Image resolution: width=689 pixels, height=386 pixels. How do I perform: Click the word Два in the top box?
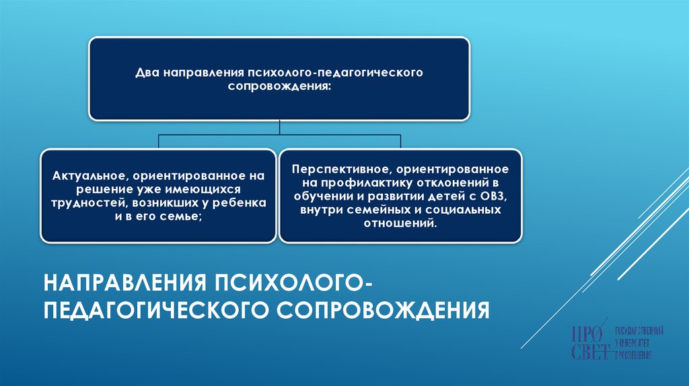(147, 71)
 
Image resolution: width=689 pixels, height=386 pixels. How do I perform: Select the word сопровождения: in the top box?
(279, 87)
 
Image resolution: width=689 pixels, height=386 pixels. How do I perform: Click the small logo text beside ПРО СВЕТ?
(640, 342)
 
